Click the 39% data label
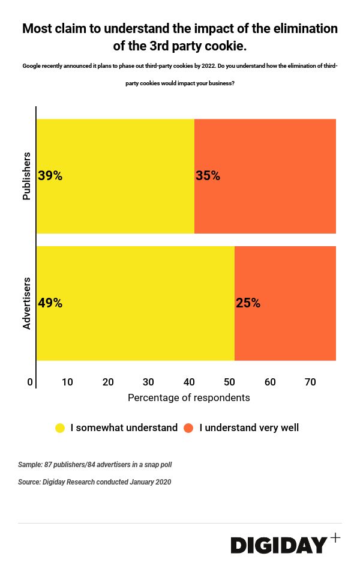(x=50, y=176)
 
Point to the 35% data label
(x=208, y=176)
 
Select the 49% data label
(x=50, y=303)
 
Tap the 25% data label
(x=248, y=303)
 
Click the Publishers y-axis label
(x=26, y=176)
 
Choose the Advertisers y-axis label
(x=26, y=303)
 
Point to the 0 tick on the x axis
(x=30, y=382)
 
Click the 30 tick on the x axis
(x=149, y=382)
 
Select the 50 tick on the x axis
(x=230, y=382)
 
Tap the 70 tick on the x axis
(x=310, y=382)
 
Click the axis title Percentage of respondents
(x=188, y=398)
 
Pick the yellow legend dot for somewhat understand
(x=60, y=428)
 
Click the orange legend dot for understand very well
(x=188, y=428)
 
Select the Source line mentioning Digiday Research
(x=94, y=482)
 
